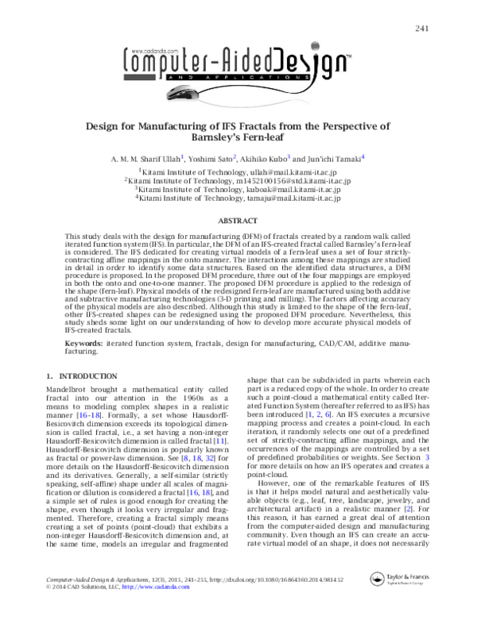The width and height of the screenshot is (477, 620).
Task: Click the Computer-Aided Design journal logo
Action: (x=238, y=63)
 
